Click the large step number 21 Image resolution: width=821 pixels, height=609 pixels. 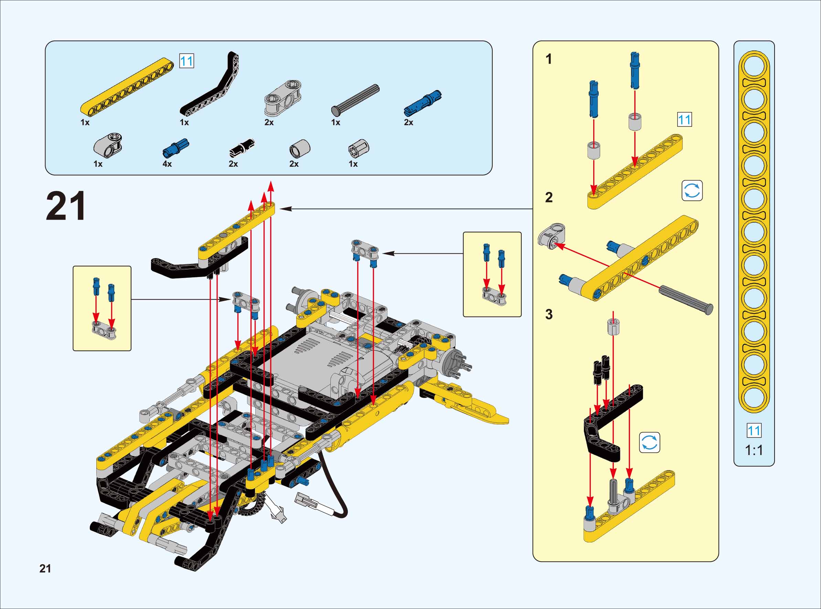point(66,206)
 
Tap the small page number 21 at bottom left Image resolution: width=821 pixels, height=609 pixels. point(45,569)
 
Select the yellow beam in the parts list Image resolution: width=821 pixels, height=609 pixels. point(127,86)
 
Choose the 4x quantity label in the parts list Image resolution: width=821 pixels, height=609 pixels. point(167,164)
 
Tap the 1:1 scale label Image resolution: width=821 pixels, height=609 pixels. point(754,450)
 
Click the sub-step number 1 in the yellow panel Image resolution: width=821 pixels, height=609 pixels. point(549,59)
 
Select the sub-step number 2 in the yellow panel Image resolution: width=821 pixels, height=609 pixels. point(549,198)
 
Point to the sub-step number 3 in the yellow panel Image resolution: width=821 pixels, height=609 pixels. point(549,314)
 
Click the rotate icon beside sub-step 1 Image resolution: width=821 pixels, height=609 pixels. point(692,191)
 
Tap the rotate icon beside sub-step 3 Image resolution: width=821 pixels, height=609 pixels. point(649,442)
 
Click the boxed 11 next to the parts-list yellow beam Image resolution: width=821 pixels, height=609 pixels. point(186,61)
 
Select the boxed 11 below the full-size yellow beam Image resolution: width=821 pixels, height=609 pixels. point(754,431)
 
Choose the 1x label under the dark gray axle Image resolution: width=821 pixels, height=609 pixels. point(335,122)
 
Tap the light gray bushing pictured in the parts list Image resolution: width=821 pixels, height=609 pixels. point(300,148)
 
